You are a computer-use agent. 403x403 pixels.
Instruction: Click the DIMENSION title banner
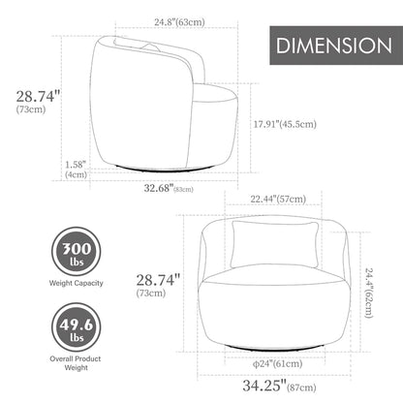tap(336, 46)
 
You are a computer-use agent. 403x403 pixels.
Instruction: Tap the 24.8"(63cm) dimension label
tap(179, 22)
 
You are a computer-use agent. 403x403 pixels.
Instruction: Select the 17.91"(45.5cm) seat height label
tap(285, 124)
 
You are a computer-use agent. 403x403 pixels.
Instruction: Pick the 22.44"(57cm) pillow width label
tap(278, 199)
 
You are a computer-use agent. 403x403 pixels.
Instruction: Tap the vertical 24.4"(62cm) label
tap(369, 293)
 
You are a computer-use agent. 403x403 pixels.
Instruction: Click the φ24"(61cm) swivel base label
tap(277, 364)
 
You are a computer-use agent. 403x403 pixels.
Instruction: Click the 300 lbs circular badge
tap(77, 251)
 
